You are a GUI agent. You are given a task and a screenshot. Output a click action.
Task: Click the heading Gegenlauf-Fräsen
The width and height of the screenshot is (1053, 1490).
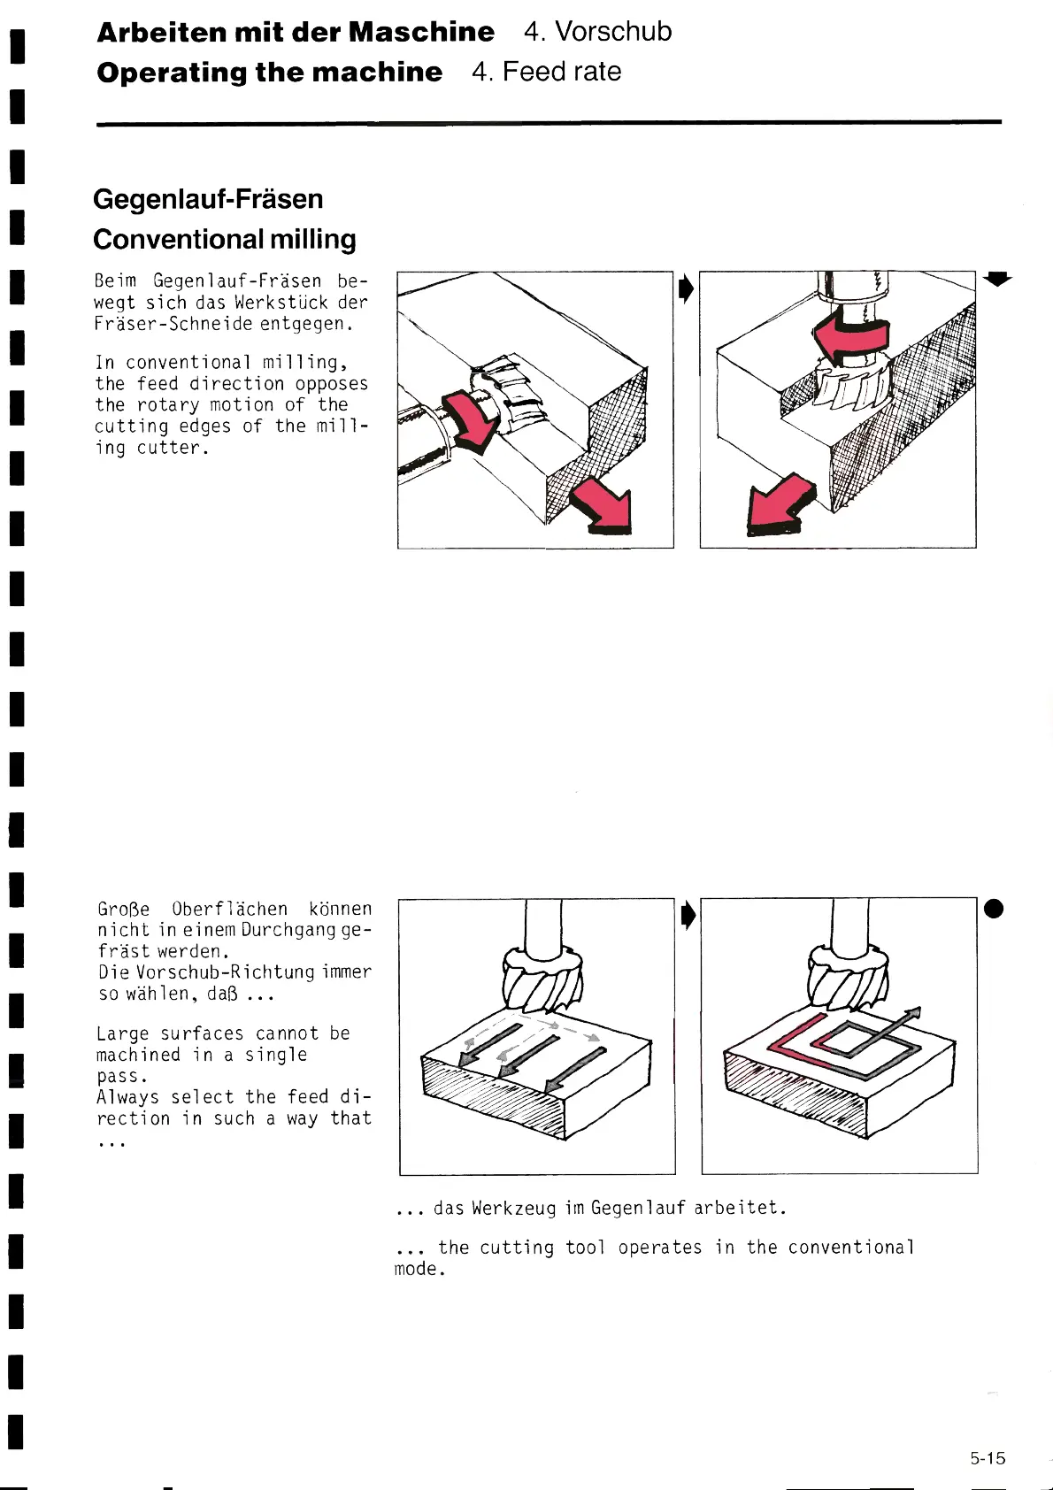tap(208, 199)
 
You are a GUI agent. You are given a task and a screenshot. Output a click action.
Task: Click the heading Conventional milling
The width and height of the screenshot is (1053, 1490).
tap(225, 240)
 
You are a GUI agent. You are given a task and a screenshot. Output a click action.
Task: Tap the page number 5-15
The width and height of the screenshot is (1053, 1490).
tap(988, 1458)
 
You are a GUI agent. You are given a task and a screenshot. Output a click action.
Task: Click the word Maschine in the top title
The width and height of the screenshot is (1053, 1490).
tap(421, 32)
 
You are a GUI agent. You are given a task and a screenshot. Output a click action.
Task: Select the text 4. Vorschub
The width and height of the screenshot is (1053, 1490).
tap(597, 32)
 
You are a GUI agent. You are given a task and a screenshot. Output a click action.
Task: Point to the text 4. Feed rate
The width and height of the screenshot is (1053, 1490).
tap(546, 72)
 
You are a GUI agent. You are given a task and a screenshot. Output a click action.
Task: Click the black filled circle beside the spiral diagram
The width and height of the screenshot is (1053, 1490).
tap(994, 909)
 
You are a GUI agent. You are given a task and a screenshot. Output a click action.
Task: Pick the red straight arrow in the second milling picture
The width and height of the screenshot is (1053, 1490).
tap(780, 505)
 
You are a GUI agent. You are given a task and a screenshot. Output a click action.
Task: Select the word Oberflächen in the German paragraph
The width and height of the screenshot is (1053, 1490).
tap(229, 909)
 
